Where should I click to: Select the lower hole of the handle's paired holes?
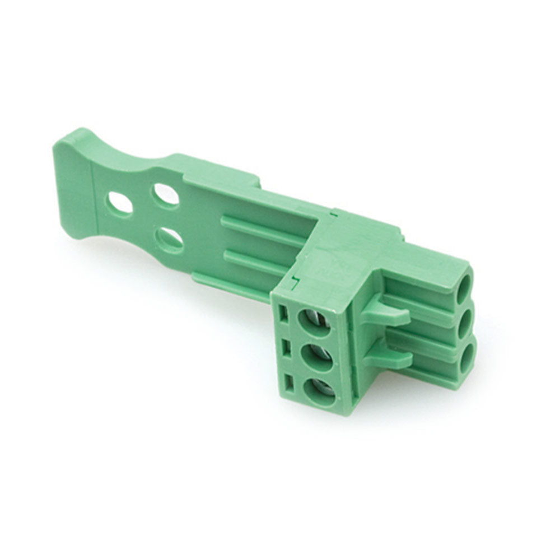[x=169, y=239]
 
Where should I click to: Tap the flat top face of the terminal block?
[x=358, y=252]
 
